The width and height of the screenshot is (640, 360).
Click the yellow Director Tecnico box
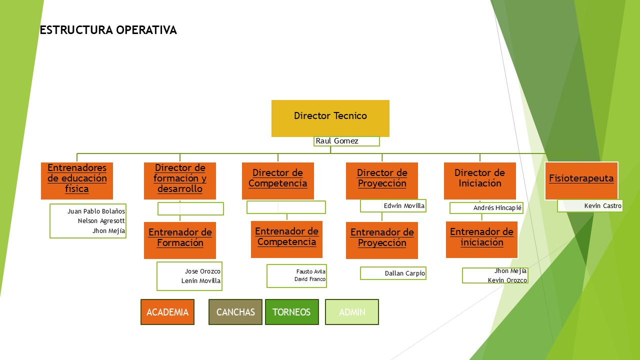[x=330, y=118]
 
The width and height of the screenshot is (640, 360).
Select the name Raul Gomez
[x=337, y=141]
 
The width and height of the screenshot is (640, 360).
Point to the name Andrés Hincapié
[x=497, y=208]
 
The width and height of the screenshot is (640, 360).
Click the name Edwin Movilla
[x=404, y=205]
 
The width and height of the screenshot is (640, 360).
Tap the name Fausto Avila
[x=310, y=272]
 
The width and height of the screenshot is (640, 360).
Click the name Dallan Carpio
[x=404, y=273]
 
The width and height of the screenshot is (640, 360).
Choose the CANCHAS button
[x=235, y=312]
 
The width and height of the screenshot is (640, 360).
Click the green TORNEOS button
[x=291, y=312]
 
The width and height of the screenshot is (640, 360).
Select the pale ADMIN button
[x=352, y=312]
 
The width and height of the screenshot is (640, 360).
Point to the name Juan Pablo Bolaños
[x=96, y=211]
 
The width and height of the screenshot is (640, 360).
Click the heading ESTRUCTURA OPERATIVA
[x=108, y=30]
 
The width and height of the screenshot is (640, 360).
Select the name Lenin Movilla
[x=200, y=281]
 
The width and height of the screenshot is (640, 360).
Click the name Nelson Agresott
[x=101, y=220]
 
